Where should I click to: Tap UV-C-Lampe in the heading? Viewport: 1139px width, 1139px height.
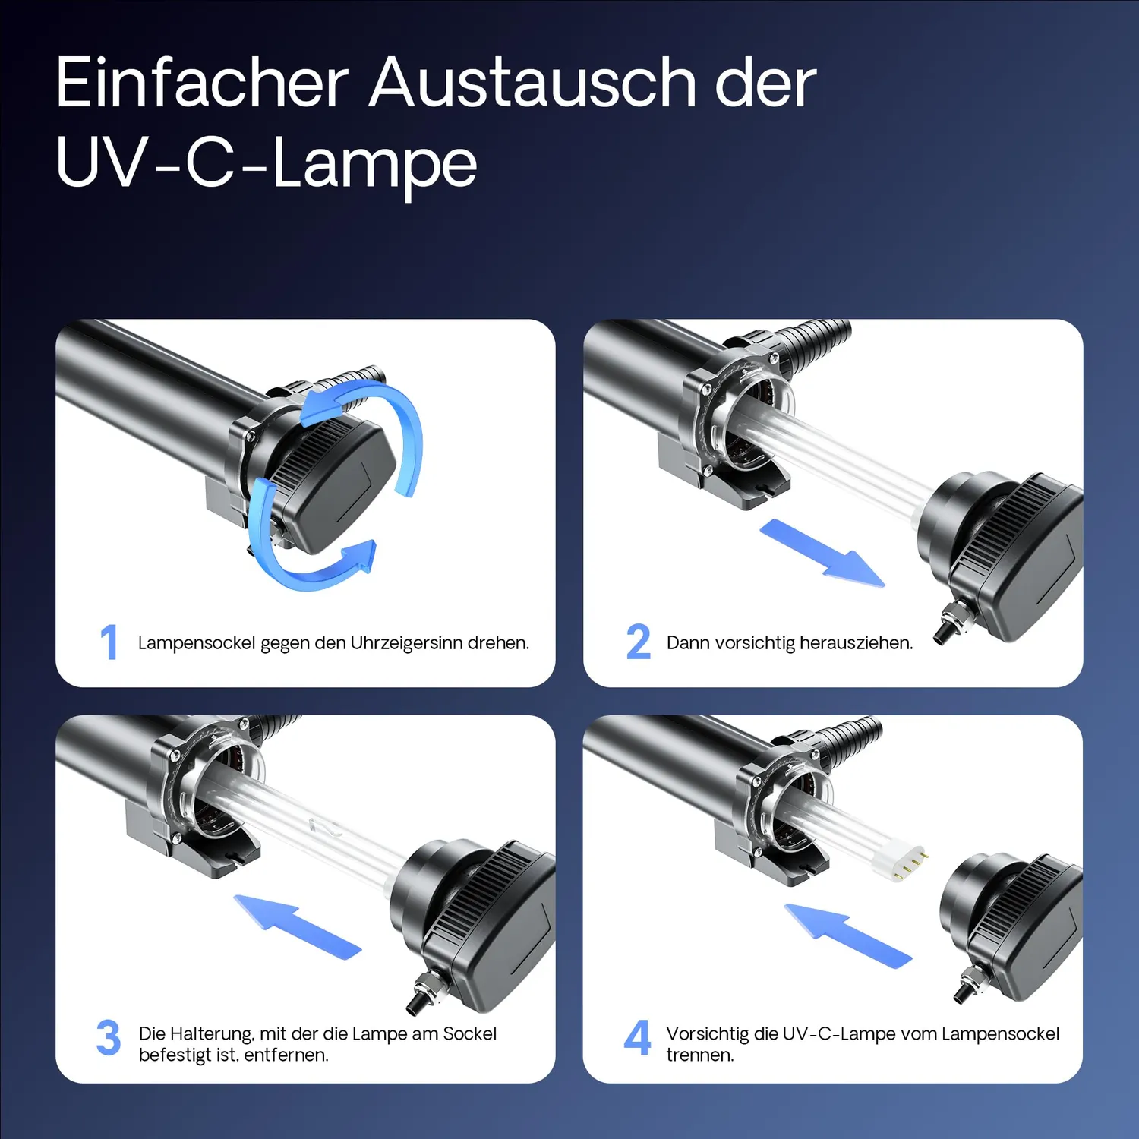click(267, 163)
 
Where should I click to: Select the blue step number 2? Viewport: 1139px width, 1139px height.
click(639, 642)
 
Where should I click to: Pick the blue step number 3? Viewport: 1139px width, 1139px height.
click(109, 1037)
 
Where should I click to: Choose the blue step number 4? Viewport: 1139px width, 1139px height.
click(638, 1037)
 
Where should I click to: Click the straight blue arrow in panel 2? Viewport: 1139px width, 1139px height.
click(822, 553)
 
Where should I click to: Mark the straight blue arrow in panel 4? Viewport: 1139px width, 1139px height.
click(847, 935)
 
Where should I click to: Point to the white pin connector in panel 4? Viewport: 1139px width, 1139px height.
click(901, 861)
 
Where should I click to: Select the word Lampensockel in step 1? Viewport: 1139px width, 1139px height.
click(197, 643)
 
